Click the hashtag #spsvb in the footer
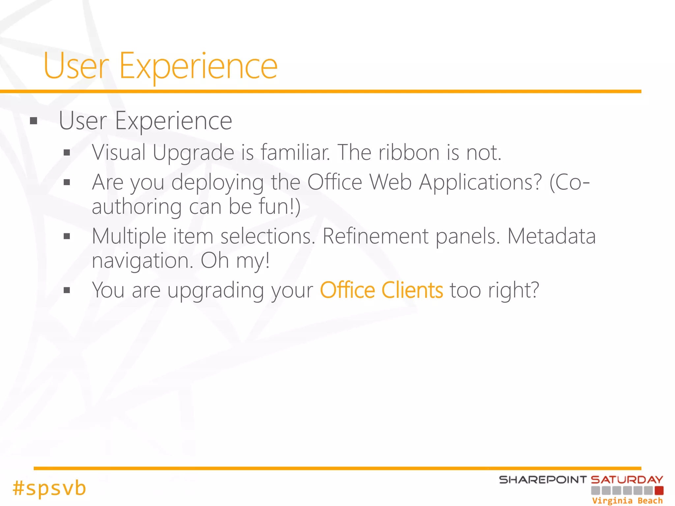[x=49, y=488]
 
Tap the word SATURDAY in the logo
[x=627, y=480]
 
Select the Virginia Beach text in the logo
[x=627, y=501]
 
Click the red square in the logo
[x=659, y=491]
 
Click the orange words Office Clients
[x=381, y=291]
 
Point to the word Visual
[x=119, y=153]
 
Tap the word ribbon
[x=409, y=153]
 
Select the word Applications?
[x=480, y=182]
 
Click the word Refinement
[x=375, y=236]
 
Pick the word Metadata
[x=551, y=236]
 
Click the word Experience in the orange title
[x=198, y=67]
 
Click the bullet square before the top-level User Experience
[x=33, y=121]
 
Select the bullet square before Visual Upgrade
[x=67, y=153]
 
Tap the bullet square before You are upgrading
[x=67, y=290]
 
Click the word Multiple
[x=129, y=236]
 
